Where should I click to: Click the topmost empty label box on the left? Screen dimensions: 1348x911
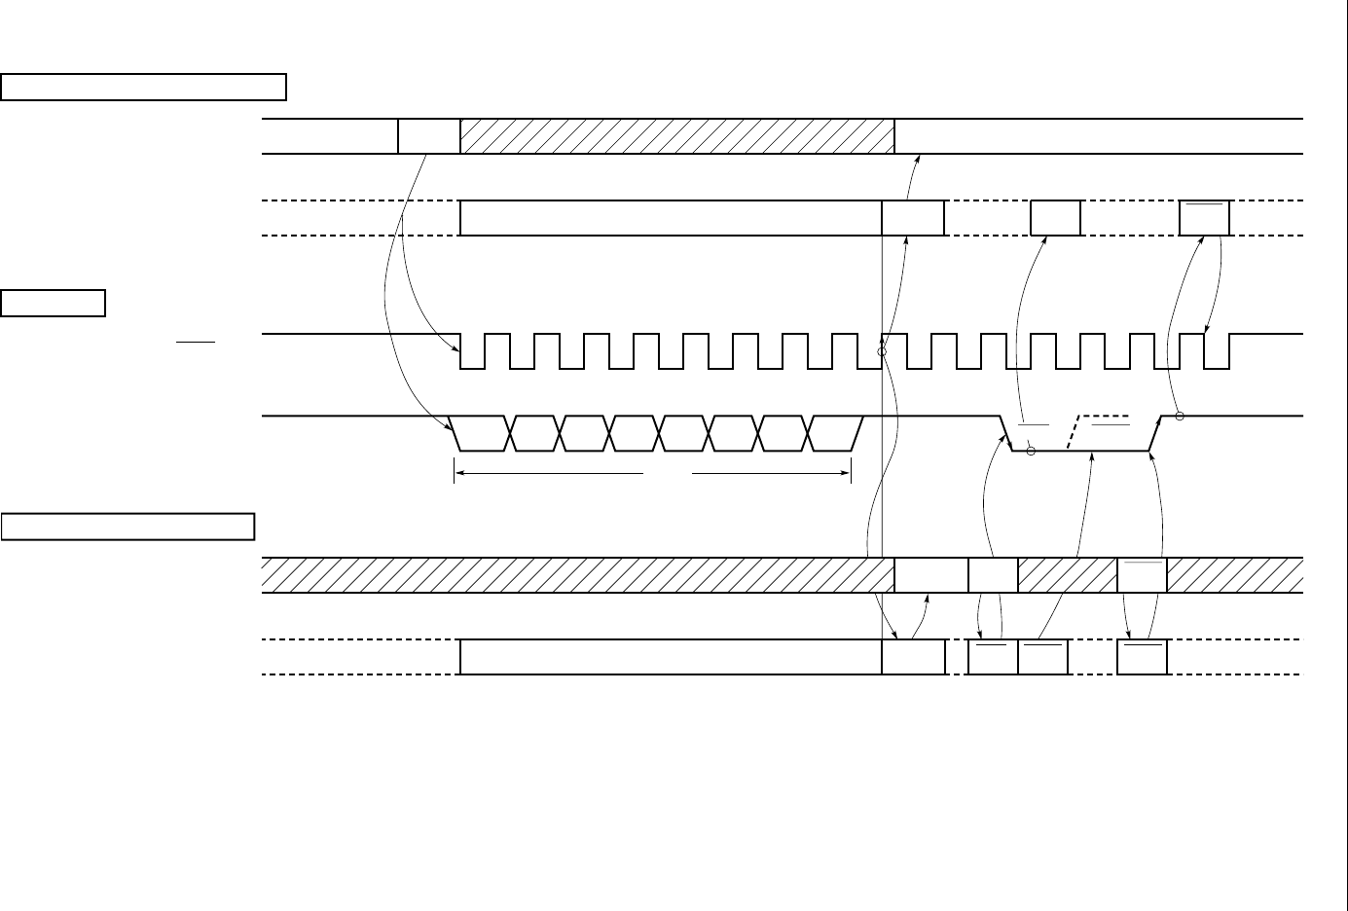(x=143, y=87)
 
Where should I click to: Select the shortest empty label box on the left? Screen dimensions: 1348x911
(x=54, y=303)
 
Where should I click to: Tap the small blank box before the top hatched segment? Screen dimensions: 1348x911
(x=429, y=136)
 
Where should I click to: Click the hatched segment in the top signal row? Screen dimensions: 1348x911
(x=676, y=136)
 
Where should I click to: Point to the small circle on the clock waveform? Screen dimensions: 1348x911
(x=882, y=351)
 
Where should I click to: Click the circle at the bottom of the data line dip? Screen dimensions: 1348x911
(x=1031, y=451)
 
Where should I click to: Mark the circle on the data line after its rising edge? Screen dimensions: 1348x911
(x=1179, y=417)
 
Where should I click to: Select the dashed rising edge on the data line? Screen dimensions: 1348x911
(x=1073, y=433)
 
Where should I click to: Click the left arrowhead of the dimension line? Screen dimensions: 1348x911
(x=457, y=474)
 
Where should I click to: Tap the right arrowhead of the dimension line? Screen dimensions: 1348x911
(x=848, y=474)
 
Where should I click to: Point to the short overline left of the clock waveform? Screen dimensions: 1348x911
(x=195, y=343)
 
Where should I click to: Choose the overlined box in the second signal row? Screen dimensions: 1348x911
(x=1204, y=218)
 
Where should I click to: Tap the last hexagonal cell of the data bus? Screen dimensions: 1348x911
(x=835, y=433)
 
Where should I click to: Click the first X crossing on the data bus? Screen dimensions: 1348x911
(x=510, y=433)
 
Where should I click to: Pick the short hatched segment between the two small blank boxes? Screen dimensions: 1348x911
(x=1068, y=575)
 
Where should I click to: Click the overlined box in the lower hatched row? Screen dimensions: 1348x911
(x=1142, y=575)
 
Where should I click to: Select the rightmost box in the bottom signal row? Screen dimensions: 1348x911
(x=1142, y=657)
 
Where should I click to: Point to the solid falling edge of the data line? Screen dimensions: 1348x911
(x=1006, y=433)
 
